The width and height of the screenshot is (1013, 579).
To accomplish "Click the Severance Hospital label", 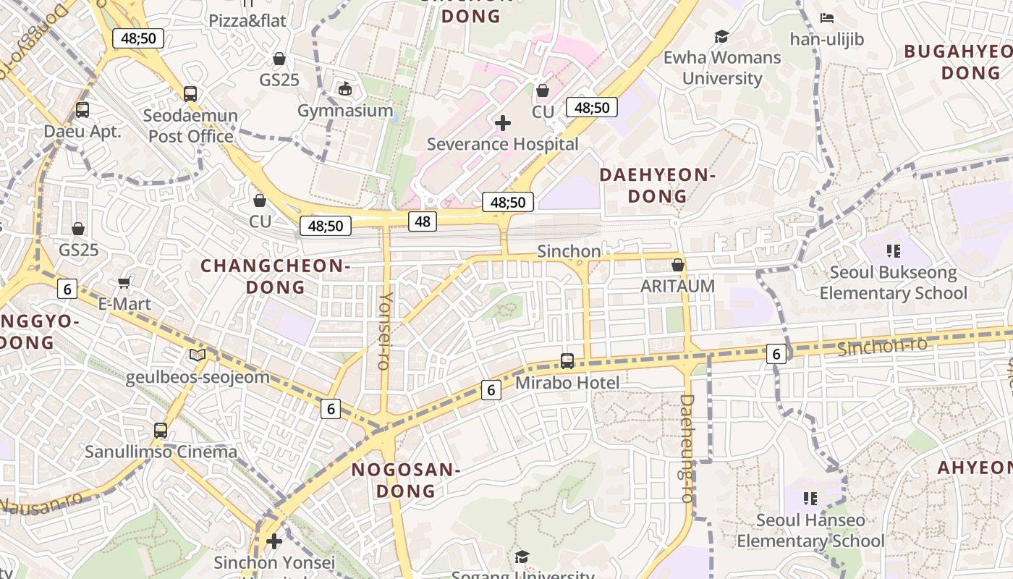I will pyautogui.click(x=502, y=144).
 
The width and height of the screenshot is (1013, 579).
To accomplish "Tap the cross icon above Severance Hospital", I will pyautogui.click(x=502, y=123).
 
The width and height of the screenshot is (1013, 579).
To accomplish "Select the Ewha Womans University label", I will pyautogui.click(x=722, y=67).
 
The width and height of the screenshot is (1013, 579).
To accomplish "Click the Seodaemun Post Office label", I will pyautogui.click(x=190, y=126).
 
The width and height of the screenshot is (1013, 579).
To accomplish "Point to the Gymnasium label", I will pyautogui.click(x=345, y=111).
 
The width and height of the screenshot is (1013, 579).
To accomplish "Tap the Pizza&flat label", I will pyautogui.click(x=247, y=21).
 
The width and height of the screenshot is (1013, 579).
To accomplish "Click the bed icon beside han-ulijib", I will pyautogui.click(x=827, y=18).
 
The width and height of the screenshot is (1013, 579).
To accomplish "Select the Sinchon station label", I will pyautogui.click(x=569, y=251).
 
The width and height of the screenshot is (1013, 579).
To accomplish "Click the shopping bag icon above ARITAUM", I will pyautogui.click(x=678, y=266).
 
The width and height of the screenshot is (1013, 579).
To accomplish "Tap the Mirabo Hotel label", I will pyautogui.click(x=567, y=383).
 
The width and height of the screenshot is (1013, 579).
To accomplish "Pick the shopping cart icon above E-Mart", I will pyautogui.click(x=124, y=283).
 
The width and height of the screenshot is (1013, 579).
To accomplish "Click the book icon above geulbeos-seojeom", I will pyautogui.click(x=197, y=355).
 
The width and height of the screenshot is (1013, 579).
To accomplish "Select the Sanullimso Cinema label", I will pyautogui.click(x=161, y=452).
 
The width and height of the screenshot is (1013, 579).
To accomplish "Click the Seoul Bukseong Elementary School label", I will pyautogui.click(x=893, y=283).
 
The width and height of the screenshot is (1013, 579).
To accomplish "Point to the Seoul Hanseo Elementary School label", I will pyautogui.click(x=810, y=531).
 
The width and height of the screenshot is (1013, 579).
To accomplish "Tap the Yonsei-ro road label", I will pyautogui.click(x=386, y=330).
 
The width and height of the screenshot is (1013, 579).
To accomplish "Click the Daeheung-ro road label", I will pyautogui.click(x=687, y=448).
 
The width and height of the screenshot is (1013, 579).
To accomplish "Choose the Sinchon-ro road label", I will pyautogui.click(x=881, y=346).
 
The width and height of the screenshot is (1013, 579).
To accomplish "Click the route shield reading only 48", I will pyautogui.click(x=423, y=221).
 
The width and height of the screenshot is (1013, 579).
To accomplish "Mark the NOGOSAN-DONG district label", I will pyautogui.click(x=405, y=481).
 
